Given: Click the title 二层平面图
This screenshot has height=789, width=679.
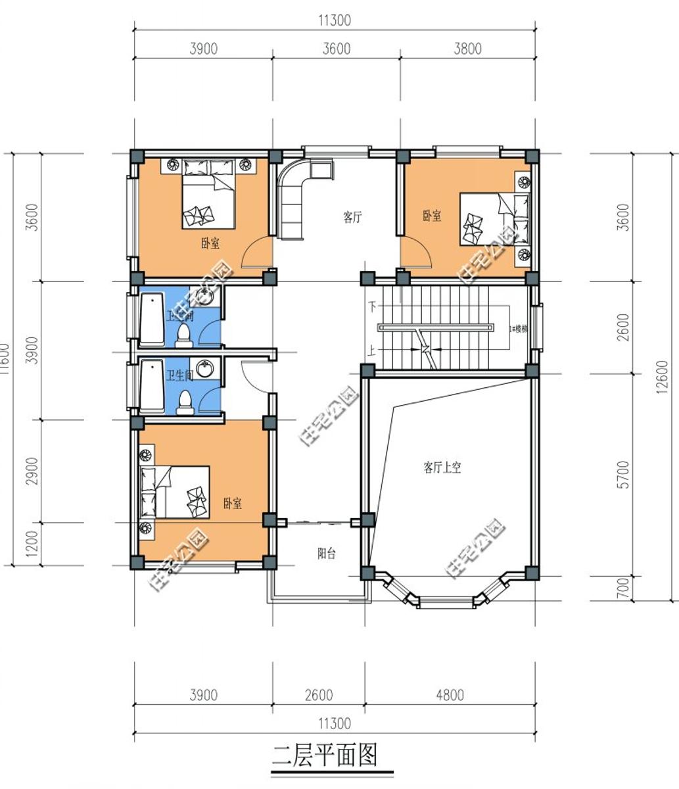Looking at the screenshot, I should tap(325, 755).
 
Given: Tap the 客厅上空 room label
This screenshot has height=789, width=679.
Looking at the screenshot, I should tap(442, 468).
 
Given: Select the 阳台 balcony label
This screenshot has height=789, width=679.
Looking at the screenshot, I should tap(327, 554).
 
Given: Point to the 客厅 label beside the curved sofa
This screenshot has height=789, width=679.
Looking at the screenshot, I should tap(352, 217).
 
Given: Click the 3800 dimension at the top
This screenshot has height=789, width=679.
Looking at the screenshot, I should tap(467, 49).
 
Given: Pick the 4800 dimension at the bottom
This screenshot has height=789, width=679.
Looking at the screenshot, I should tap(450, 695).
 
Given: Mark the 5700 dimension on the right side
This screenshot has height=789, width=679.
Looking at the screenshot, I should tap(624, 474).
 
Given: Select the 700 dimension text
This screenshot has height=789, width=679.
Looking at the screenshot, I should tap(624, 587).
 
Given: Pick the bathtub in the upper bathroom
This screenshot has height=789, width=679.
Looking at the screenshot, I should tap(152, 320).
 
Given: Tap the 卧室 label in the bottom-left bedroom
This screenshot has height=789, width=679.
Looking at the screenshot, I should tap(232, 504).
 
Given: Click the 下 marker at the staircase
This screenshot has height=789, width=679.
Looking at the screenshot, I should tap(373, 306).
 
